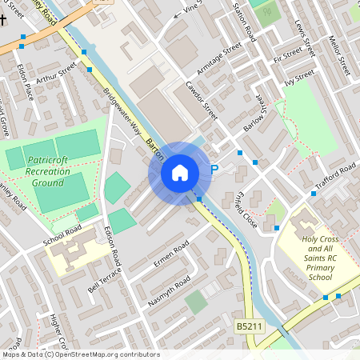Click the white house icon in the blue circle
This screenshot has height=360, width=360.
coord(180,172)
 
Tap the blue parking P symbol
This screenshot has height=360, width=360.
coord(214,170)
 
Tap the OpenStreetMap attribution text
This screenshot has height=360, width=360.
coord(80,354)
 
